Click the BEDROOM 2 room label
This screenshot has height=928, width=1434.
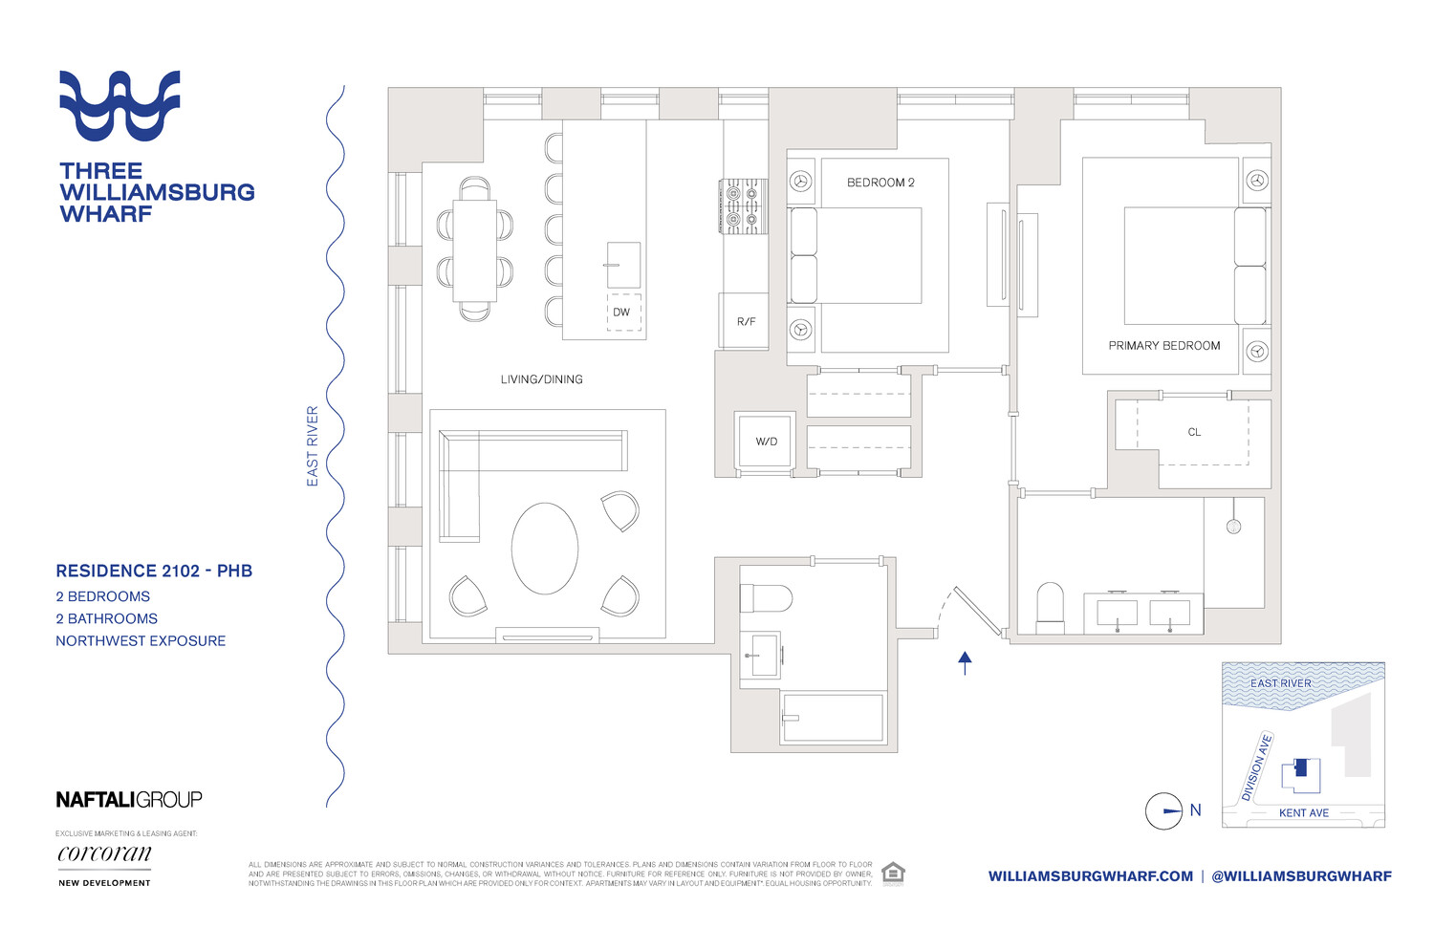(x=880, y=183)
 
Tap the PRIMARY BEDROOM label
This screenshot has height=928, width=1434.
(x=1163, y=346)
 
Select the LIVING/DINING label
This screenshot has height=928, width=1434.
(x=541, y=379)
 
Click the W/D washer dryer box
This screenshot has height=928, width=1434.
(x=766, y=441)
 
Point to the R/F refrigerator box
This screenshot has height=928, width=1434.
(x=745, y=321)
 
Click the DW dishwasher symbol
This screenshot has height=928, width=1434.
(x=623, y=312)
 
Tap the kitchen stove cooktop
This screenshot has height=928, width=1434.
(x=743, y=206)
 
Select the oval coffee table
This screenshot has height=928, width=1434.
(x=544, y=549)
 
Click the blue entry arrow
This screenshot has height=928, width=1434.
(x=965, y=662)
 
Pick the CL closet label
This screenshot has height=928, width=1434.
(x=1194, y=432)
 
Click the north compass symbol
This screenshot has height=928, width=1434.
(x=1164, y=811)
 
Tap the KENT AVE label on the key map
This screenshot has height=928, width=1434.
(x=1303, y=813)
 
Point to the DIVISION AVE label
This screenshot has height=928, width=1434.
(x=1256, y=767)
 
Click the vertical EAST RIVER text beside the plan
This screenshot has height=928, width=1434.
(x=313, y=446)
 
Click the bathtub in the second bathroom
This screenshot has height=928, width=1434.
(x=832, y=717)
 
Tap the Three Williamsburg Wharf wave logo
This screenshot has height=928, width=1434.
(x=119, y=105)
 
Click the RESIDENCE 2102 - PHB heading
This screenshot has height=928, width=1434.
(x=154, y=572)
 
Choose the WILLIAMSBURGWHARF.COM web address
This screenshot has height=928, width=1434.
(x=1090, y=876)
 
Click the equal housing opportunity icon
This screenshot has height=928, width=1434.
(x=892, y=874)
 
